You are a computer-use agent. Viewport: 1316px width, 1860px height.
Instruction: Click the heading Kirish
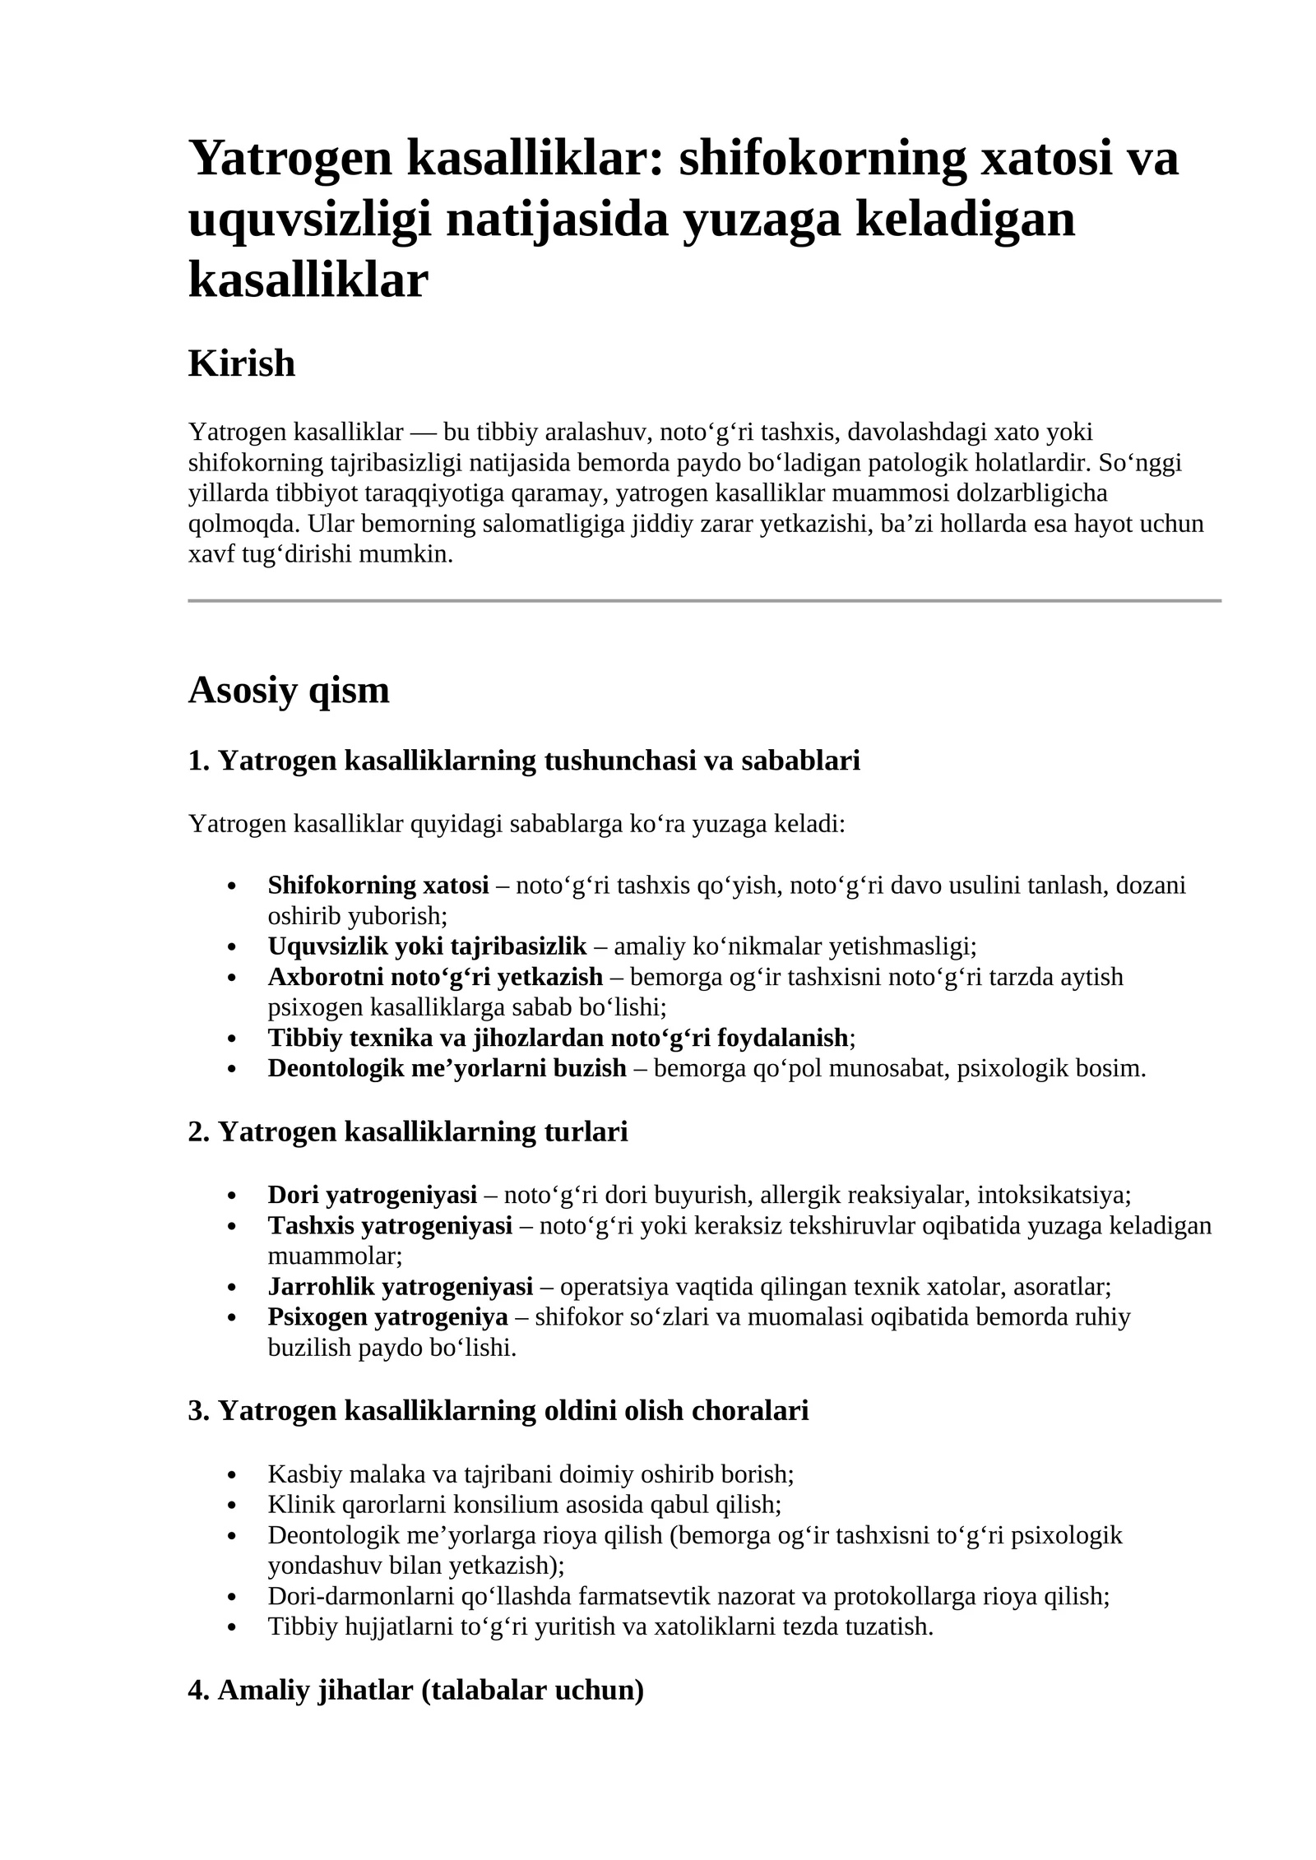click(241, 363)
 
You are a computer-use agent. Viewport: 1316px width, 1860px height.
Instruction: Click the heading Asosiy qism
click(289, 690)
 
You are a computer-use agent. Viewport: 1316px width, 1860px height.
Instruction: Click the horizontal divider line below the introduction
click(704, 601)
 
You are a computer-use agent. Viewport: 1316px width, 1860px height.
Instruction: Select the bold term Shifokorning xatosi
click(378, 886)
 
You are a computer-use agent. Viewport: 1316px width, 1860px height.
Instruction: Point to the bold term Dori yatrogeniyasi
click(372, 1194)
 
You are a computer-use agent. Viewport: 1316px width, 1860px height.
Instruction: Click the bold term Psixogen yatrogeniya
click(387, 1316)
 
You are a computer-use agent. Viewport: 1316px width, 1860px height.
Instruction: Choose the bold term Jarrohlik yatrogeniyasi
click(400, 1286)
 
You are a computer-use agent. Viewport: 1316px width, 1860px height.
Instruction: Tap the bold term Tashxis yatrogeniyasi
click(390, 1225)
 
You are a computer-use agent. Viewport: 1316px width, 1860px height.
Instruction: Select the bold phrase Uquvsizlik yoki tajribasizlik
click(427, 946)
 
